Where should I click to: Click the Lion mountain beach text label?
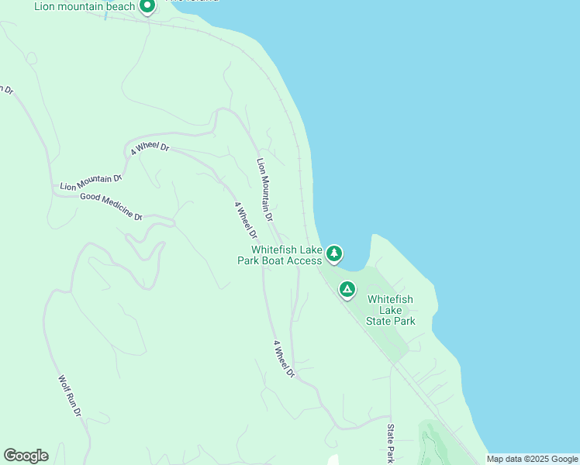85,6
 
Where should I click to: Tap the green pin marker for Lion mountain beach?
147,6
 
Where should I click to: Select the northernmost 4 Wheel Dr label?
150,147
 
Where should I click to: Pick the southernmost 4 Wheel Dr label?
284,359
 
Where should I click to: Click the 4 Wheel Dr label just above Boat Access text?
246,220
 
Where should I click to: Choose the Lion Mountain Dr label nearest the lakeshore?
265,190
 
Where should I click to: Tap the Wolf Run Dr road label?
70,396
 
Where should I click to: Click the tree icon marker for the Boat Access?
334,253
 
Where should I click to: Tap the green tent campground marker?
347,290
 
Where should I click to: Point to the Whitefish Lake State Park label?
391,310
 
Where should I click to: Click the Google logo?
26,456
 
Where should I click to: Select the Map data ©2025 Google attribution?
531,459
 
